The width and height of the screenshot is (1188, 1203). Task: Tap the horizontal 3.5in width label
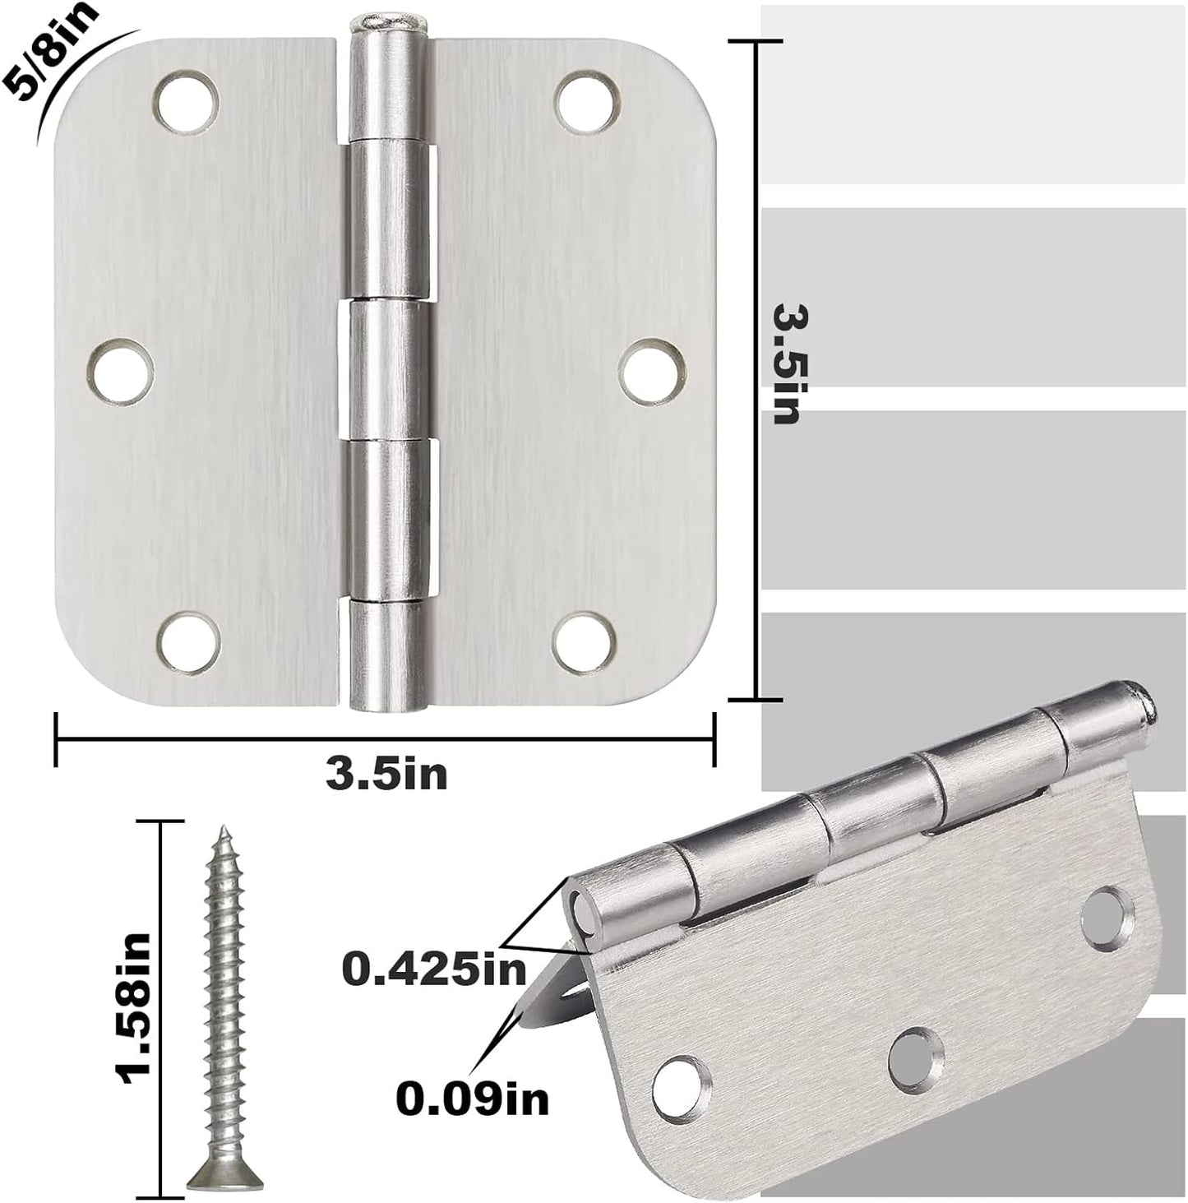[386, 774]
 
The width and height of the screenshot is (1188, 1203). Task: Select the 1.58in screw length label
[133, 1008]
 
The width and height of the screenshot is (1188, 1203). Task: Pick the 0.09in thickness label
[472, 1097]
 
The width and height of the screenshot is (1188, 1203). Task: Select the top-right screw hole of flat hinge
[586, 99]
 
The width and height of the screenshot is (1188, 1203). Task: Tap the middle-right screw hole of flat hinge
[652, 372]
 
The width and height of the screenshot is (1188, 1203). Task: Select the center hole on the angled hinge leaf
[914, 1060]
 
